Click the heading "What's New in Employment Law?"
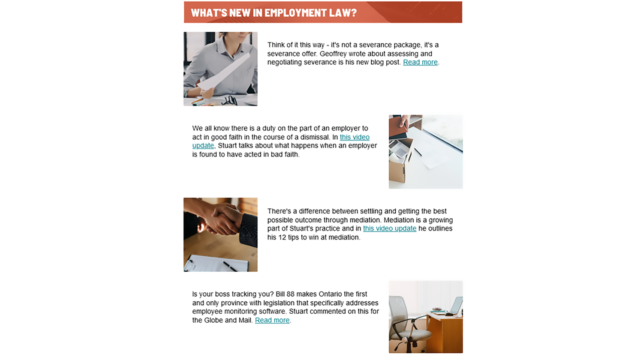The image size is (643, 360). click(x=273, y=12)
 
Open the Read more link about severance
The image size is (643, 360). click(x=420, y=62)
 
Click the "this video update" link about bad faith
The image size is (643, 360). click(x=354, y=137)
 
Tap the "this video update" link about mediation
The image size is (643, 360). click(x=389, y=228)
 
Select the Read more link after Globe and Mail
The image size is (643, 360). click(x=272, y=320)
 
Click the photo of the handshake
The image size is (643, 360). click(x=220, y=234)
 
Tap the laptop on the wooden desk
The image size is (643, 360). click(x=455, y=306)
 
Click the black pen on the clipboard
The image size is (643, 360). click(x=230, y=266)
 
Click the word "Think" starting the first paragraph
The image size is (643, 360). click(x=276, y=45)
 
